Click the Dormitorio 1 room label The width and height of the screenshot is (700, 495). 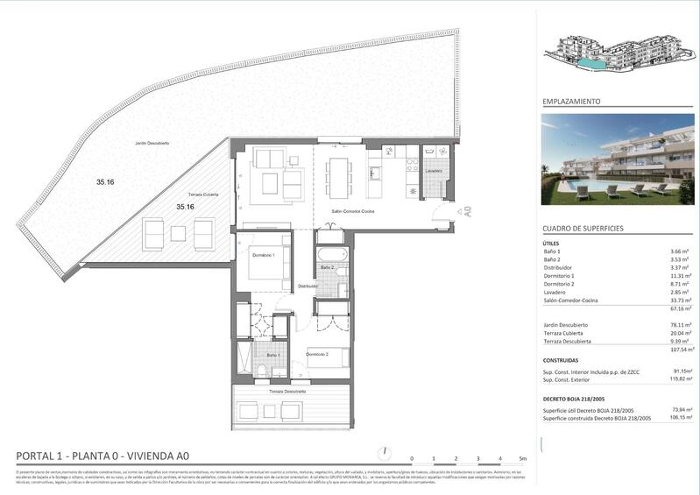pyautogui.click(x=264, y=255)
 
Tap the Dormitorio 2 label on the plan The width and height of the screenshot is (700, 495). pyautogui.click(x=316, y=354)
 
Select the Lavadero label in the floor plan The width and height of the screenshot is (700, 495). pyautogui.click(x=434, y=171)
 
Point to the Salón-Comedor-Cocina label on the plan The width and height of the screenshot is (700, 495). pyautogui.click(x=352, y=212)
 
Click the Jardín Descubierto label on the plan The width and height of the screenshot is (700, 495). pyautogui.click(x=152, y=142)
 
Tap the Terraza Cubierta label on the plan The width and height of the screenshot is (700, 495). pyautogui.click(x=203, y=194)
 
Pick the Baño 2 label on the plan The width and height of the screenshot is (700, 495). pyautogui.click(x=327, y=267)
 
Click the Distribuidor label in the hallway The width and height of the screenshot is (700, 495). pyautogui.click(x=307, y=286)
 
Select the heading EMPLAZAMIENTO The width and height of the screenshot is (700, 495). pyautogui.click(x=571, y=102)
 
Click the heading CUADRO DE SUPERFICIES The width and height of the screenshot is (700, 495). pyautogui.click(x=583, y=228)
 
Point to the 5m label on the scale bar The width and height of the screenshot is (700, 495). pyautogui.click(x=523, y=459)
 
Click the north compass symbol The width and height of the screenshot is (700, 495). pyautogui.click(x=383, y=454)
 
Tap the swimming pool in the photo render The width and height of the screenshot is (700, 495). pyautogui.click(x=582, y=188)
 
